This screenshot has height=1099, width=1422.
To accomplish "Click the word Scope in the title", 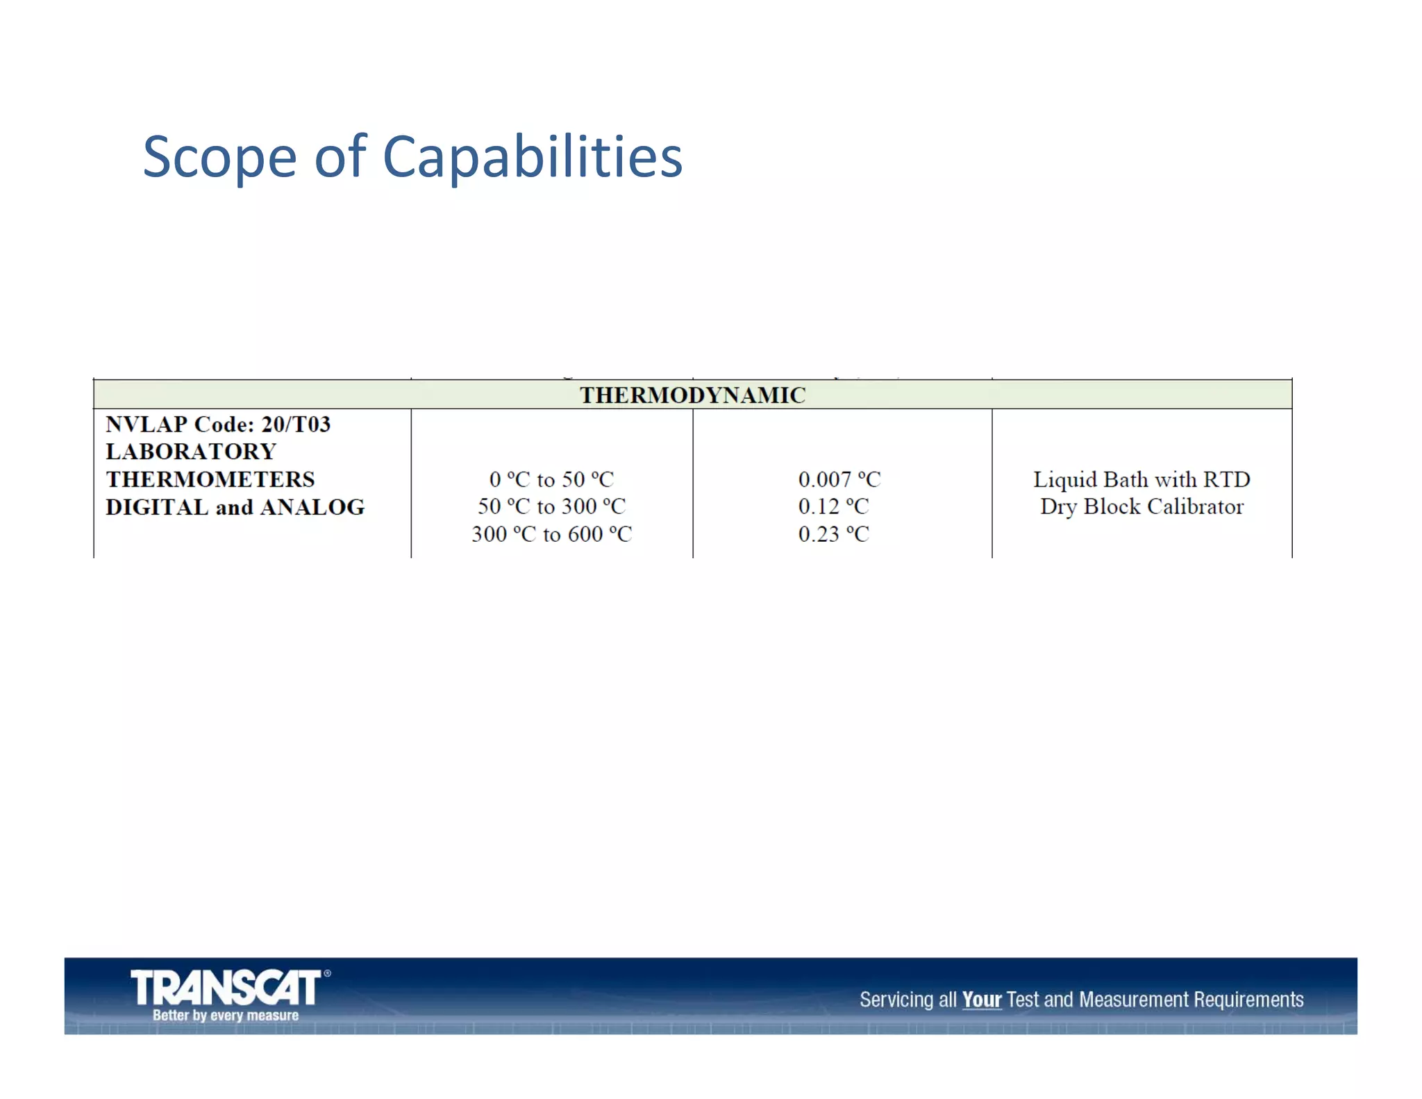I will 219,158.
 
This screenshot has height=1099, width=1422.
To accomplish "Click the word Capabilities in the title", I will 533,158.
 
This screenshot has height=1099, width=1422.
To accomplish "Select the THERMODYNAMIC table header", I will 692,395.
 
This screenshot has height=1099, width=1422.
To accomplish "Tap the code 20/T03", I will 296,424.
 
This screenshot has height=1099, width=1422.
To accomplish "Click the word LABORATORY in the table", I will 191,452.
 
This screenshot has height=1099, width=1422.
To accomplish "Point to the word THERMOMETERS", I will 210,479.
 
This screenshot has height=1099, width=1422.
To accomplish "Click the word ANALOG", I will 312,507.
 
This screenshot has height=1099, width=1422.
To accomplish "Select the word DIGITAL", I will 157,507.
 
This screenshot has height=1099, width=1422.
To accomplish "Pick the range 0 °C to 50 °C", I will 551,479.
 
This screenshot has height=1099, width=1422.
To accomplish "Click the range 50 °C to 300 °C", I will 551,506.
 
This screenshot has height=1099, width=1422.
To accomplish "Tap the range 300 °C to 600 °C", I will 551,534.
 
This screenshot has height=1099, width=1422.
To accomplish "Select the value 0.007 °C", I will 839,479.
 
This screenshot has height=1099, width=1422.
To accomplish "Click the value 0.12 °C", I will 833,506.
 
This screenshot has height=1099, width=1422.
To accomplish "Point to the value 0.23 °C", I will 833,534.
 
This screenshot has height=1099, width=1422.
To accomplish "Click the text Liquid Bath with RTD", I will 1141,479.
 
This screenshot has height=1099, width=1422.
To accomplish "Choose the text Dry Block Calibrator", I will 1141,506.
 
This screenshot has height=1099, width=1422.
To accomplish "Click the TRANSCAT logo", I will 226,988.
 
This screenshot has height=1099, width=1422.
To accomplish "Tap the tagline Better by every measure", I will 226,1016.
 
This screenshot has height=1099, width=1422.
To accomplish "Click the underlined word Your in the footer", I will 981,1000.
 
